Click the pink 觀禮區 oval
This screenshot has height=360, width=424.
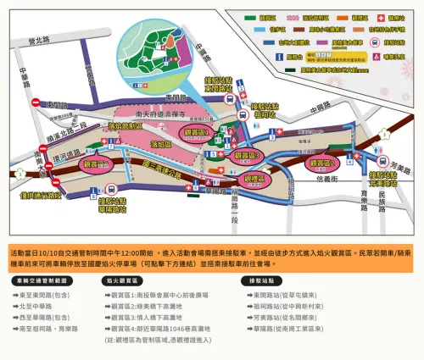click(x=252, y=180)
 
